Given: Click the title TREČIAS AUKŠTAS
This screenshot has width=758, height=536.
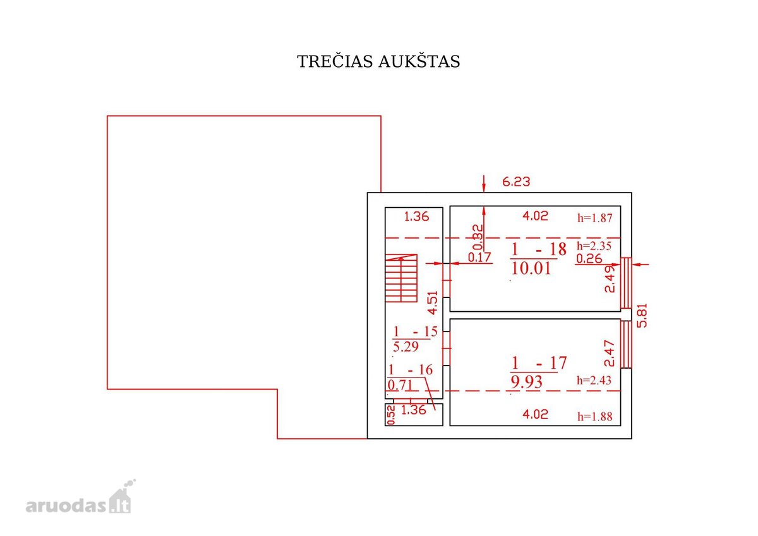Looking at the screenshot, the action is click(378, 61).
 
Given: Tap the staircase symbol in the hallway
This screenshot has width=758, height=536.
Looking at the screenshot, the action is click(401, 278).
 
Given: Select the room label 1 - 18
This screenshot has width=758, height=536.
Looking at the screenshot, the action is click(538, 249).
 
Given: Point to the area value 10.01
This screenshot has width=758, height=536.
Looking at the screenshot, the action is click(531, 268).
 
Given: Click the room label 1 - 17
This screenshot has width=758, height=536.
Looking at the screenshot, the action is click(538, 363).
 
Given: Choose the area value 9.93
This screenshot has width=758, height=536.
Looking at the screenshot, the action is click(526, 382).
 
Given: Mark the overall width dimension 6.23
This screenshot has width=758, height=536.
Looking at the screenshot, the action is click(516, 182).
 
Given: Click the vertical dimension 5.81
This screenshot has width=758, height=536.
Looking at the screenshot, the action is click(642, 315).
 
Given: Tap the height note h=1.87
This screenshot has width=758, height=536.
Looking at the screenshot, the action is click(594, 218).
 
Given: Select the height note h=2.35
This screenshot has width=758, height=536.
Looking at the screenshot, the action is click(594, 246).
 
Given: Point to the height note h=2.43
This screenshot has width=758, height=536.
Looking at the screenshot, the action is click(594, 381).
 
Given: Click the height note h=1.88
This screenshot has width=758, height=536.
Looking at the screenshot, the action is click(594, 417).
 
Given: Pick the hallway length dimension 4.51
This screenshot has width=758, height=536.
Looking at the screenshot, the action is click(433, 302).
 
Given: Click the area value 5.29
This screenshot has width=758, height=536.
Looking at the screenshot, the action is click(406, 347).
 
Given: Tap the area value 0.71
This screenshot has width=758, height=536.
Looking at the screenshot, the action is click(400, 385).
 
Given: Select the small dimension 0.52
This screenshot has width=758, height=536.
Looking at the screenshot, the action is click(391, 415).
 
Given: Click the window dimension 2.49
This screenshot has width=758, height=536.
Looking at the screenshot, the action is click(610, 279).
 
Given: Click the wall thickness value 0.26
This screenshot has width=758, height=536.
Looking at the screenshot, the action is click(589, 259).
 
